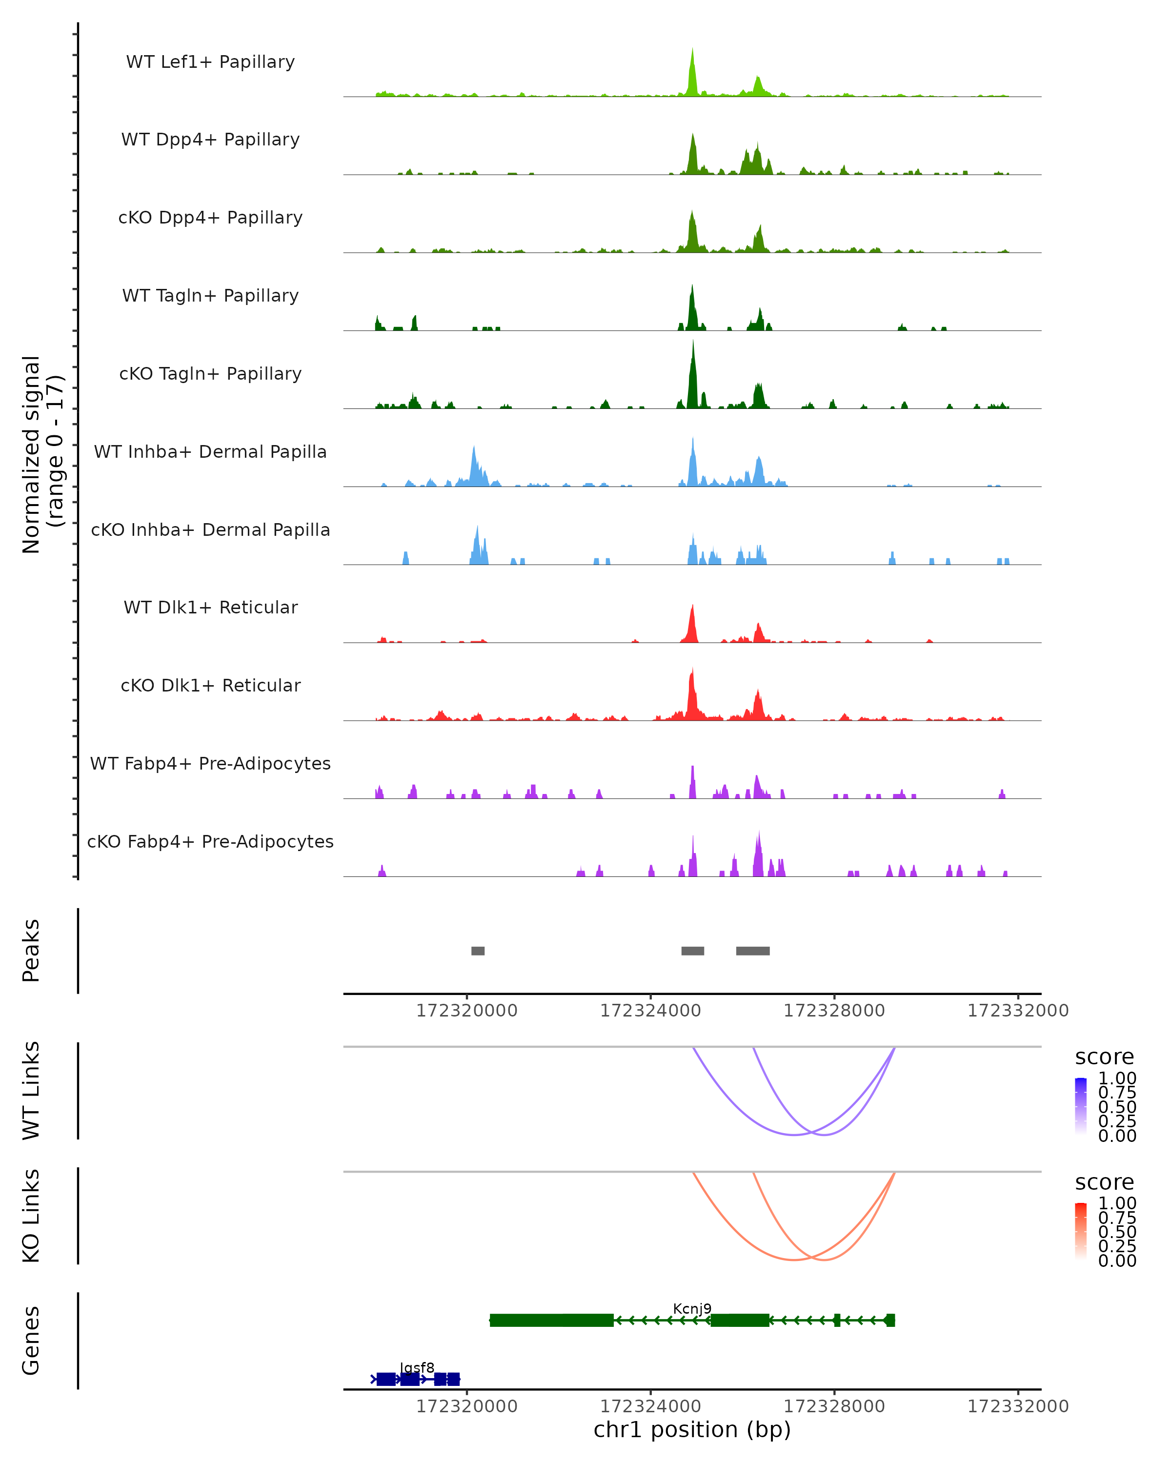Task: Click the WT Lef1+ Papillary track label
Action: pyautogui.click(x=210, y=62)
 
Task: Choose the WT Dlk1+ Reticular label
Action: pyautogui.click(x=210, y=607)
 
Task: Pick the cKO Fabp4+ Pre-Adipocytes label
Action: pyautogui.click(x=210, y=841)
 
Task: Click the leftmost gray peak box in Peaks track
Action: pyautogui.click(x=478, y=951)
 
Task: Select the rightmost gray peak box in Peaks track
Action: pyautogui.click(x=753, y=951)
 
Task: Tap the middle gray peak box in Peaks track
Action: pyautogui.click(x=692, y=951)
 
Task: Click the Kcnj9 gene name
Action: pyautogui.click(x=692, y=1308)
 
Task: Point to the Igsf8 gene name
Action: pyautogui.click(x=417, y=1367)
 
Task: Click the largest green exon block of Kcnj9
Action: pyautogui.click(x=551, y=1320)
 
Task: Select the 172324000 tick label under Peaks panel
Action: pyautogui.click(x=650, y=1011)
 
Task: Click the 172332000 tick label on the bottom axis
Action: pyautogui.click(x=1018, y=1406)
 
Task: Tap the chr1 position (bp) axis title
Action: pyautogui.click(x=692, y=1429)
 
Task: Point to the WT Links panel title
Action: pyautogui.click(x=31, y=1091)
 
